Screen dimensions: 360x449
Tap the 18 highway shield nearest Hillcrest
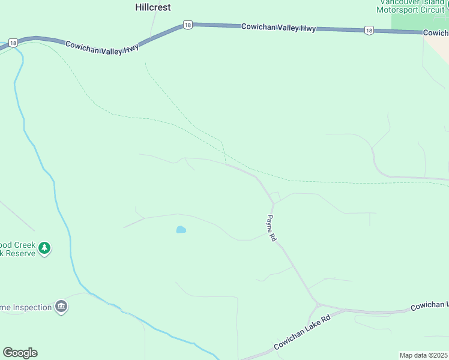[188, 25]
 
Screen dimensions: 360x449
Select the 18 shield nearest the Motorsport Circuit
[369, 30]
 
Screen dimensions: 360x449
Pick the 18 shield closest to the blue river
[13, 43]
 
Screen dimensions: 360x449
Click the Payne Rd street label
[271, 228]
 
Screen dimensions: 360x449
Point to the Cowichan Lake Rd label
[302, 333]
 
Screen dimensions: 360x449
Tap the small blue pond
[181, 229]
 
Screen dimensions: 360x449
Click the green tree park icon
[44, 247]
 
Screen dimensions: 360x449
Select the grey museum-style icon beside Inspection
[61, 307]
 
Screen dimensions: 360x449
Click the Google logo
[20, 353]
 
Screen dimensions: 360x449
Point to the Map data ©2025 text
[423, 355]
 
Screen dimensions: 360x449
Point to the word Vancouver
[396, 2]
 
